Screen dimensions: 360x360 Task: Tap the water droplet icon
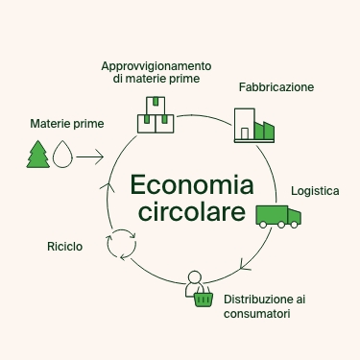tap(62, 155)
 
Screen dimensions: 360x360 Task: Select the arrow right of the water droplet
tap(89, 155)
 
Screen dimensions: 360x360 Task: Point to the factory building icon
tap(253, 126)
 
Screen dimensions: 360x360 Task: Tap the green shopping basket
tap(203, 299)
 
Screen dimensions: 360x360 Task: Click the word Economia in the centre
tap(180, 184)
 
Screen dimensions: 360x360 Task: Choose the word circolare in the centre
tap(180, 211)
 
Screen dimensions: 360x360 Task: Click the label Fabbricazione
tap(276, 87)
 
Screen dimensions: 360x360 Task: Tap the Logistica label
tap(315, 191)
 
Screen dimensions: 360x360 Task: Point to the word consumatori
tap(255, 314)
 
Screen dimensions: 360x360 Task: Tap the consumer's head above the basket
tap(196, 279)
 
